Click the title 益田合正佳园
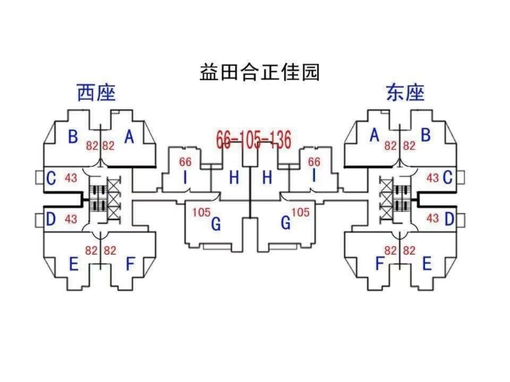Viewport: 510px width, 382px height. coord(259,72)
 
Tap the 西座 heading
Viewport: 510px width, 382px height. coord(96,93)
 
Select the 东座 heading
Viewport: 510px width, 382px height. coord(405,93)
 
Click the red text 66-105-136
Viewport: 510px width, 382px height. coord(254,140)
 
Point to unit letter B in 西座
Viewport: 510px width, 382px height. coord(73,137)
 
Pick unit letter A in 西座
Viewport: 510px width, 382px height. coord(129,137)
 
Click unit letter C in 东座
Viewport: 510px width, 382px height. coord(447,178)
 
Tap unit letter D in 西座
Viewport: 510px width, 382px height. coord(51,219)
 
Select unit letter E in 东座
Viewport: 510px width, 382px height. coord(427,264)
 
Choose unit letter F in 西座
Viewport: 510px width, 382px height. coord(130,264)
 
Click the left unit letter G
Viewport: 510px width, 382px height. coord(216,224)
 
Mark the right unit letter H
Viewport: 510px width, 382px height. coord(267,178)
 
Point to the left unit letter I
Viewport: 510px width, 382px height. coord(185,178)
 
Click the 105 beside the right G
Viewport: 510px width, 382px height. coord(301,212)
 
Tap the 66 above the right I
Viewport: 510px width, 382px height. coord(314,162)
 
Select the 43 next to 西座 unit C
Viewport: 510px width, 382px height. coord(71,178)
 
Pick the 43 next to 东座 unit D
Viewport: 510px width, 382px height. coord(433,219)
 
